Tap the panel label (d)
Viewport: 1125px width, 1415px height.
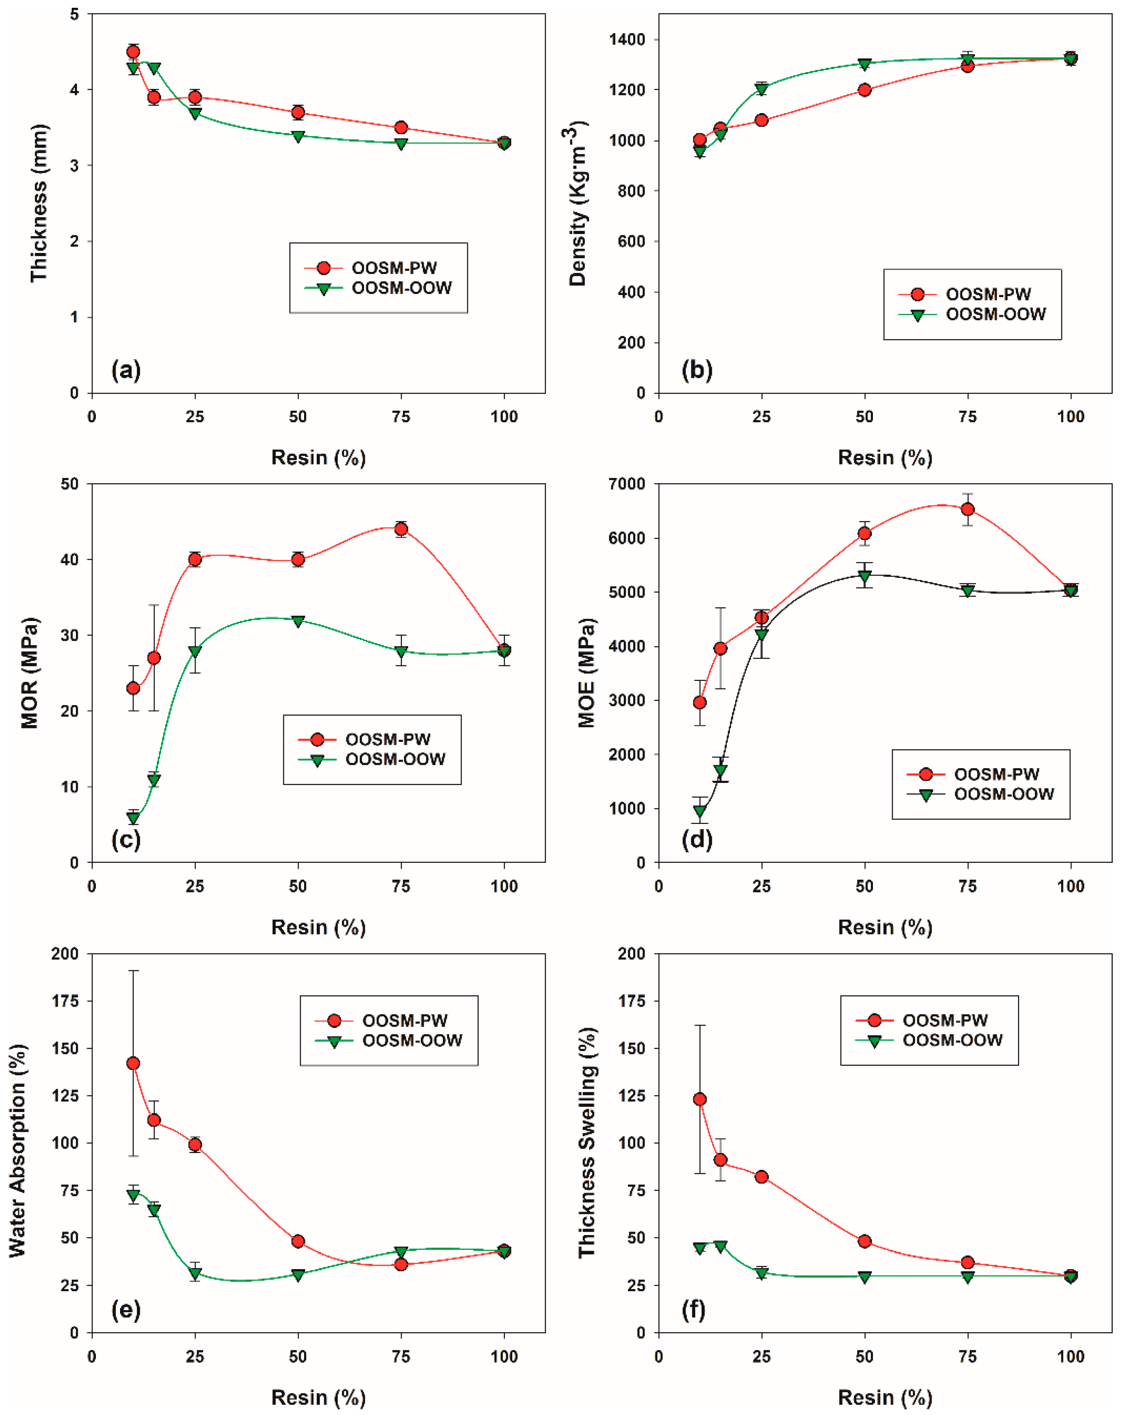(x=696, y=839)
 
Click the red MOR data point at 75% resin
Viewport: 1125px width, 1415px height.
(x=401, y=529)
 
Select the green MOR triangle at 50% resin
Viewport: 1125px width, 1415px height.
(x=298, y=621)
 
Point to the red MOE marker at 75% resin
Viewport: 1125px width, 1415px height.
(x=968, y=509)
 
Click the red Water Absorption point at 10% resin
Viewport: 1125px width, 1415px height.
(x=133, y=1063)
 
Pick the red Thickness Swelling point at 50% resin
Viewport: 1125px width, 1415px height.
(x=864, y=1241)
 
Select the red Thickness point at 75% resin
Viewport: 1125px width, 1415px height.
(x=401, y=127)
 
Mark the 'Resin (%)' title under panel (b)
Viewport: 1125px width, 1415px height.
(x=885, y=457)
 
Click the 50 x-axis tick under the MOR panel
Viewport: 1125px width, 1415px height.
(x=298, y=886)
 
